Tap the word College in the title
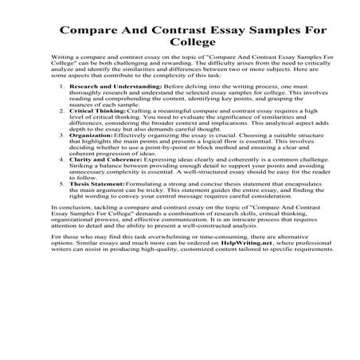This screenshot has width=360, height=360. click(180, 48)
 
